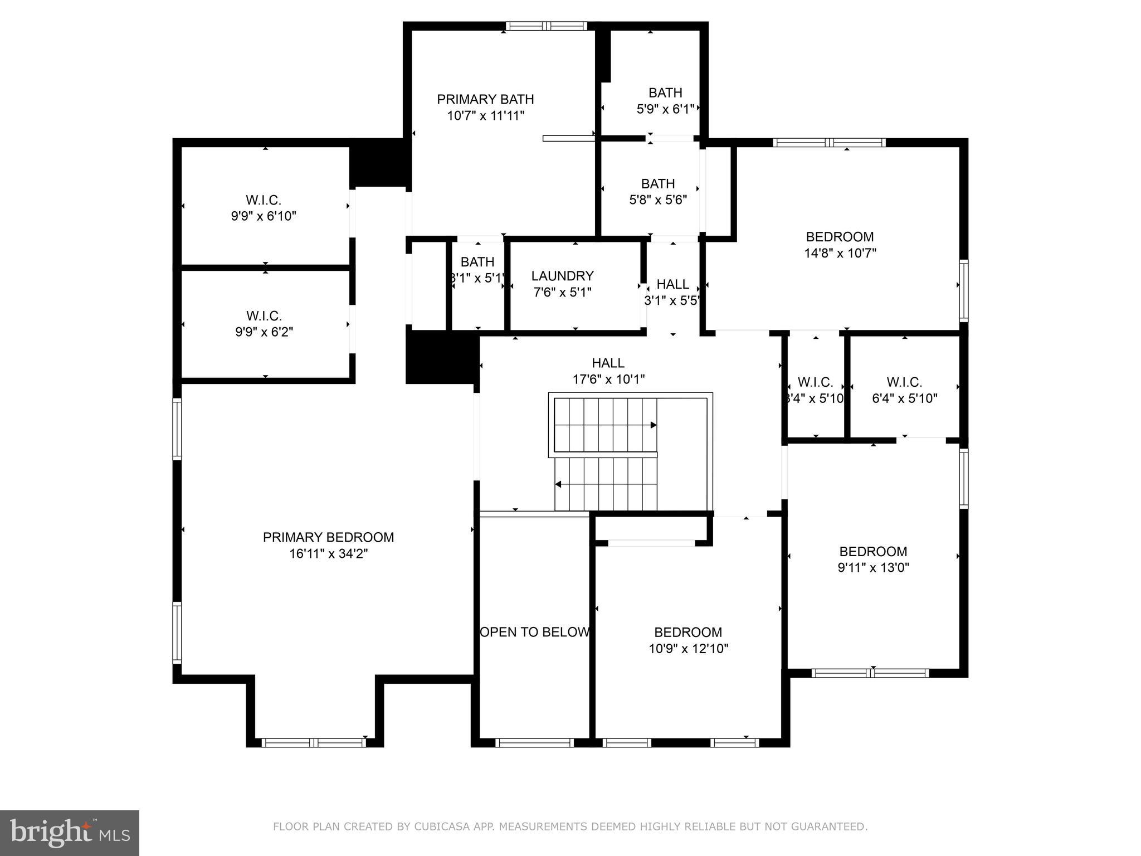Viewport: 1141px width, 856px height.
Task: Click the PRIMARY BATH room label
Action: [485, 99]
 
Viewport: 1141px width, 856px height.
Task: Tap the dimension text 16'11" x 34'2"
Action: [328, 554]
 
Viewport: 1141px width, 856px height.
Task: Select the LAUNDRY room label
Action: [562, 276]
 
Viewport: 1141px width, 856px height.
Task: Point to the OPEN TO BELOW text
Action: [534, 632]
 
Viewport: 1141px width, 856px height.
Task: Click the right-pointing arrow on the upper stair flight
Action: [653, 425]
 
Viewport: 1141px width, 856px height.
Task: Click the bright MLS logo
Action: [69, 833]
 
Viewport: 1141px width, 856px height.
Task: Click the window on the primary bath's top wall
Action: [546, 26]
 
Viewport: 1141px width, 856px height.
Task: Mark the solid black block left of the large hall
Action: [442, 357]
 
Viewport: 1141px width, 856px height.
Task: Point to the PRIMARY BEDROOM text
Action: [328, 537]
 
